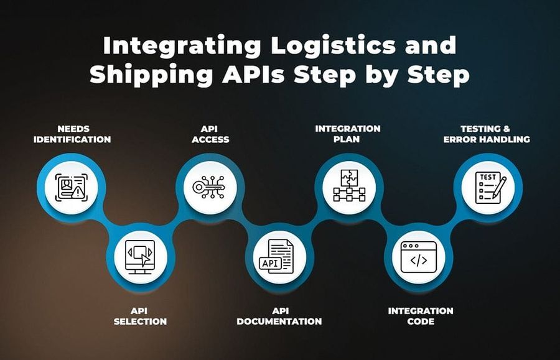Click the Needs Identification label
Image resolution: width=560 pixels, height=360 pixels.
tap(72, 134)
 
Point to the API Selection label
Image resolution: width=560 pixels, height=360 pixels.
tap(140, 316)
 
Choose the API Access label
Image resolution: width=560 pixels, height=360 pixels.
tap(210, 134)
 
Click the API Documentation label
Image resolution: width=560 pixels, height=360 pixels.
tap(279, 316)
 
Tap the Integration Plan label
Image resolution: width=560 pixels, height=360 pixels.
tap(347, 134)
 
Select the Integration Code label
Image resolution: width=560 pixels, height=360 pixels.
tap(421, 316)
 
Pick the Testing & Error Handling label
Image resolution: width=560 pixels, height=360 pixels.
tap(487, 134)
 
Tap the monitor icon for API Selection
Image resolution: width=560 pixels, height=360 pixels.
tap(140, 256)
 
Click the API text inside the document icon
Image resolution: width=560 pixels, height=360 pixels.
tap(269, 263)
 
